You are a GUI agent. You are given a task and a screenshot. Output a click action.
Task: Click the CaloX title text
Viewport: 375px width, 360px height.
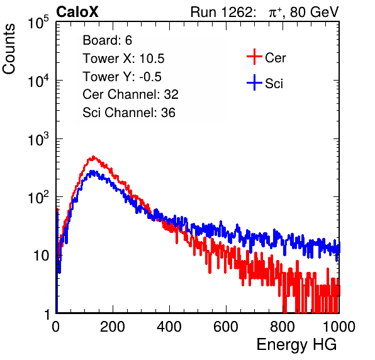[77, 11]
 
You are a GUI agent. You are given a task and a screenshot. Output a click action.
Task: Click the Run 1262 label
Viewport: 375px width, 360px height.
[221, 12]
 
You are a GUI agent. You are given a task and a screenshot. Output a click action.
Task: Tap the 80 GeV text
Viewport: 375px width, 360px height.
[314, 12]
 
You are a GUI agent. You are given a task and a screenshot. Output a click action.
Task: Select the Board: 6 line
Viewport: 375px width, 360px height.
[107, 40]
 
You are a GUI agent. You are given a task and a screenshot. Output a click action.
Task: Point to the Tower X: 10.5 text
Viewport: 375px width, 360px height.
[123, 59]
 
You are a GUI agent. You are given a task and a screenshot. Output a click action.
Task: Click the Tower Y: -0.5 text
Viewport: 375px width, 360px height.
[122, 77]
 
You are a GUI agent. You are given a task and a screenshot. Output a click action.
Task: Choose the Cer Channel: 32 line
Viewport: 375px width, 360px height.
[130, 94]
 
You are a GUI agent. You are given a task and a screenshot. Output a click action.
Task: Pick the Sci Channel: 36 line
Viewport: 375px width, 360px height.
[129, 113]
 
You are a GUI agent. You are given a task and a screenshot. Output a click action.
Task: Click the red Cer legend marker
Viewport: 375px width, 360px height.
[254, 57]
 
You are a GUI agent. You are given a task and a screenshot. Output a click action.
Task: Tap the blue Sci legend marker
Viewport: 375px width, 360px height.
[254, 82]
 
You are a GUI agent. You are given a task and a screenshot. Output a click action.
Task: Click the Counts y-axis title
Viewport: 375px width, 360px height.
[9, 49]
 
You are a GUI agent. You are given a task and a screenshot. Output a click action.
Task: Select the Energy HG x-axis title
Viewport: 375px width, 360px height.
[296, 345]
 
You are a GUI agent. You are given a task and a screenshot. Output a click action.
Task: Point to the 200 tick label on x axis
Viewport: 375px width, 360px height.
[113, 327]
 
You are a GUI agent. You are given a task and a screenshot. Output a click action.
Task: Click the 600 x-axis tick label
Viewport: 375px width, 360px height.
[226, 327]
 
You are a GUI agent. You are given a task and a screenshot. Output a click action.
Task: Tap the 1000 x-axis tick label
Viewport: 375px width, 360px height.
[339, 327]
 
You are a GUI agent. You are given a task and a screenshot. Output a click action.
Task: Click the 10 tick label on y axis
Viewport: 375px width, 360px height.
[41, 256]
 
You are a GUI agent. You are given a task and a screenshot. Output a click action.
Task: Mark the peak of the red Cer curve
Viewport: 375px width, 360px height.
[94, 157]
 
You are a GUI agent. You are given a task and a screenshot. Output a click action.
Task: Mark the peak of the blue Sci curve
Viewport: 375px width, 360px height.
[92, 171]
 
